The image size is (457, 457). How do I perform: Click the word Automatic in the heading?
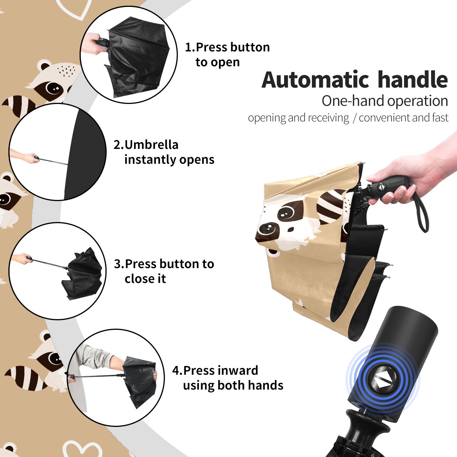pyautogui.click(x=315, y=80)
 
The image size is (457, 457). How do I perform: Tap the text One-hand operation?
pyautogui.click(x=385, y=101)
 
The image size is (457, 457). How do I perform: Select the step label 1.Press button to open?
pyautogui.click(x=227, y=54)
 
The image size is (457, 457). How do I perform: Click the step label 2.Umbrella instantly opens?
pyautogui.click(x=164, y=152)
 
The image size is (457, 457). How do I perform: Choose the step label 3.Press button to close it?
pyautogui.click(x=164, y=271)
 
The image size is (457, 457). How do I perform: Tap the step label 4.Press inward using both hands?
pyautogui.click(x=228, y=378)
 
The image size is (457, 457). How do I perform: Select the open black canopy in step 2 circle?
pyautogui.click(x=84, y=154)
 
